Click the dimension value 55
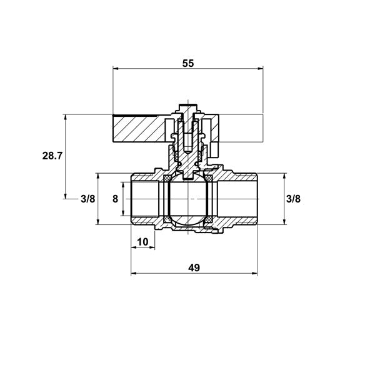(x=188, y=63)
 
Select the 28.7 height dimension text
(x=52, y=156)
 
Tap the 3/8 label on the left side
(x=88, y=199)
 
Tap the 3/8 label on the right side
(x=293, y=199)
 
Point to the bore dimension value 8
(x=115, y=199)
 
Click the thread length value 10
(x=142, y=242)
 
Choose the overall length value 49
(x=194, y=268)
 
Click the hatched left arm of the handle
(x=139, y=128)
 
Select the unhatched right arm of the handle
(x=241, y=128)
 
